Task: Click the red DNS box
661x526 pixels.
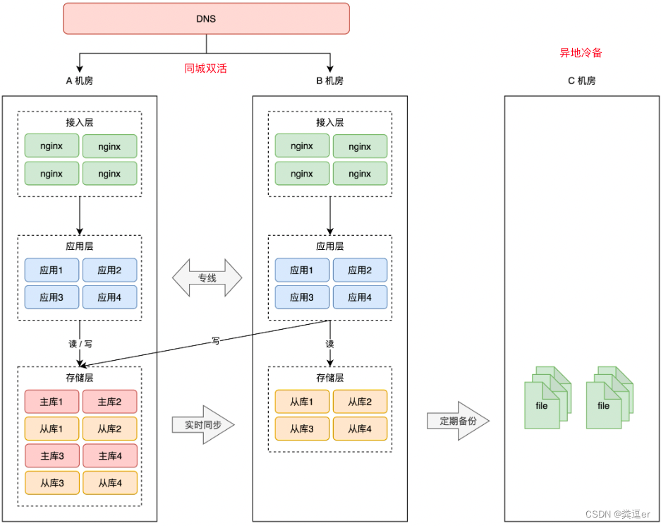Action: pyautogui.click(x=206, y=18)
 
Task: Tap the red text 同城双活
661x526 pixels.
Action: pyautogui.click(x=206, y=68)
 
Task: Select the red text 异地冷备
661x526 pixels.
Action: pyautogui.click(x=581, y=53)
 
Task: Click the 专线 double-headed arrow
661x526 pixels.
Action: pyautogui.click(x=207, y=278)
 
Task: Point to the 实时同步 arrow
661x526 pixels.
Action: pyautogui.click(x=202, y=425)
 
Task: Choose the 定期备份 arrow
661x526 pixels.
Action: pyautogui.click(x=458, y=421)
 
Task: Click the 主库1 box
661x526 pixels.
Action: pyautogui.click(x=51, y=402)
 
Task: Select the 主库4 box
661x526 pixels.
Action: pyautogui.click(x=109, y=456)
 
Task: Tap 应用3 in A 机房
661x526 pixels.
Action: pyautogui.click(x=51, y=297)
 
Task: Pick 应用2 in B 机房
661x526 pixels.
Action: pyautogui.click(x=360, y=270)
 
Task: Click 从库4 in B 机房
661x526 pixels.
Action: pyautogui.click(x=360, y=429)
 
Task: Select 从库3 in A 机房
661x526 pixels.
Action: pyautogui.click(x=51, y=483)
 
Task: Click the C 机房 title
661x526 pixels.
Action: pyautogui.click(x=581, y=80)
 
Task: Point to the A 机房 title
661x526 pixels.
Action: pyautogui.click(x=79, y=80)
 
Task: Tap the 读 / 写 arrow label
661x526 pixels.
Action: pyautogui.click(x=80, y=344)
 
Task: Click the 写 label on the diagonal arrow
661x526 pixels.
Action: pyautogui.click(x=216, y=340)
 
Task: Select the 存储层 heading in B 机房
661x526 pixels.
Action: pyautogui.click(x=329, y=378)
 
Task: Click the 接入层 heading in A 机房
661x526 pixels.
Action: pyautogui.click(x=80, y=122)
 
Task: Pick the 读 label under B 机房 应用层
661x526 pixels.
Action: pyautogui.click(x=329, y=344)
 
